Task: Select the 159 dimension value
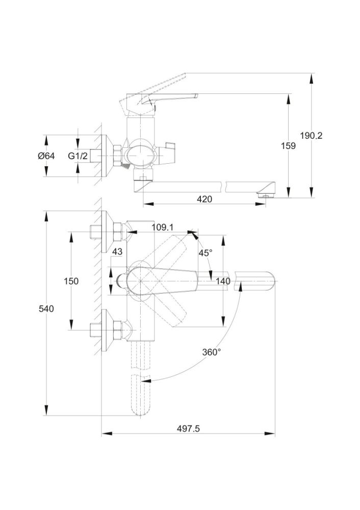(288, 146)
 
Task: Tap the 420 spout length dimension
(204, 199)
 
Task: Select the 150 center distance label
(71, 281)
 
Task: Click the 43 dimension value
(117, 252)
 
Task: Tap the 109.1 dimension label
(163, 227)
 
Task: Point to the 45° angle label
(205, 253)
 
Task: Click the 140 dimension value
(223, 281)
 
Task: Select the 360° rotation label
(211, 352)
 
